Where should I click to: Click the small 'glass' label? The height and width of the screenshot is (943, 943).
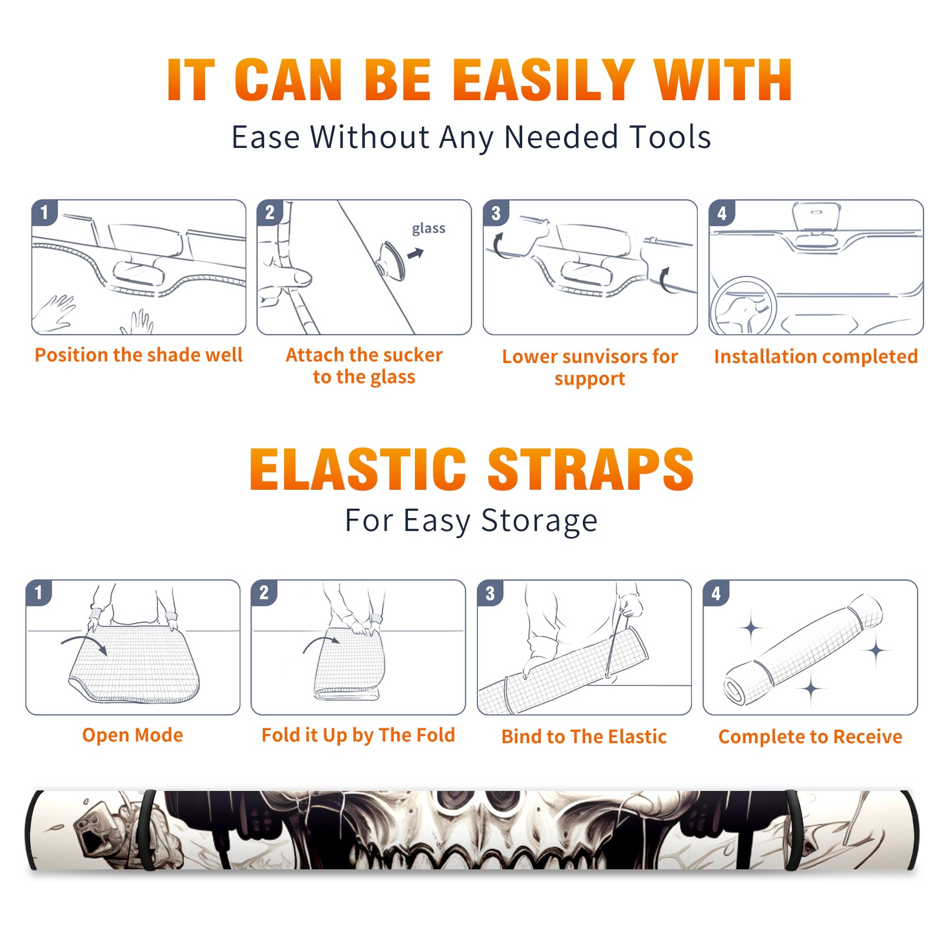[428, 228]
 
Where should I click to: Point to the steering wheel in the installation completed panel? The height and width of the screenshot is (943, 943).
[744, 306]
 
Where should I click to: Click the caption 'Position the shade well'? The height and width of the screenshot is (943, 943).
[139, 355]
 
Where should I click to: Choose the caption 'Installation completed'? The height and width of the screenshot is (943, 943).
[816, 356]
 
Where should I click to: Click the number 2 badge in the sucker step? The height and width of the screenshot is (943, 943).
[269, 212]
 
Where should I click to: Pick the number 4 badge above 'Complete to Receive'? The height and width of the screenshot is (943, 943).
[716, 592]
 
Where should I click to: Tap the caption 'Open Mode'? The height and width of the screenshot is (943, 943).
[133, 735]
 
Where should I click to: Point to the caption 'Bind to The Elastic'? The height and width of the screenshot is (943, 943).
[584, 737]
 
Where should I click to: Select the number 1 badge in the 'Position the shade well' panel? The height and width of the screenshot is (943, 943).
[44, 212]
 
